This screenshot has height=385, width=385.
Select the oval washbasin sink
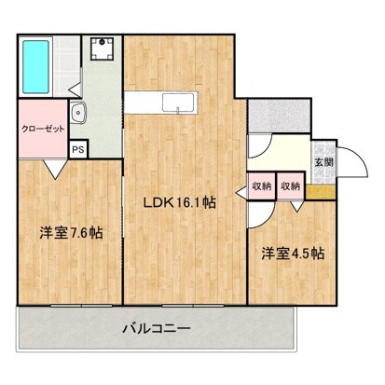tap(80, 116)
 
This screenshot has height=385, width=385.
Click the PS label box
tap(78, 148)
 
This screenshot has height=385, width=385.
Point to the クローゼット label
tap(43, 130)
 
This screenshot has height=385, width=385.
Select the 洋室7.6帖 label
tap(71, 232)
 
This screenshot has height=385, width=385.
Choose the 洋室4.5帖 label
tap(293, 253)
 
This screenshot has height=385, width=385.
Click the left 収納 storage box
tap(260, 186)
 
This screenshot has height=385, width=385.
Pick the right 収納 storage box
tap(290, 186)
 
